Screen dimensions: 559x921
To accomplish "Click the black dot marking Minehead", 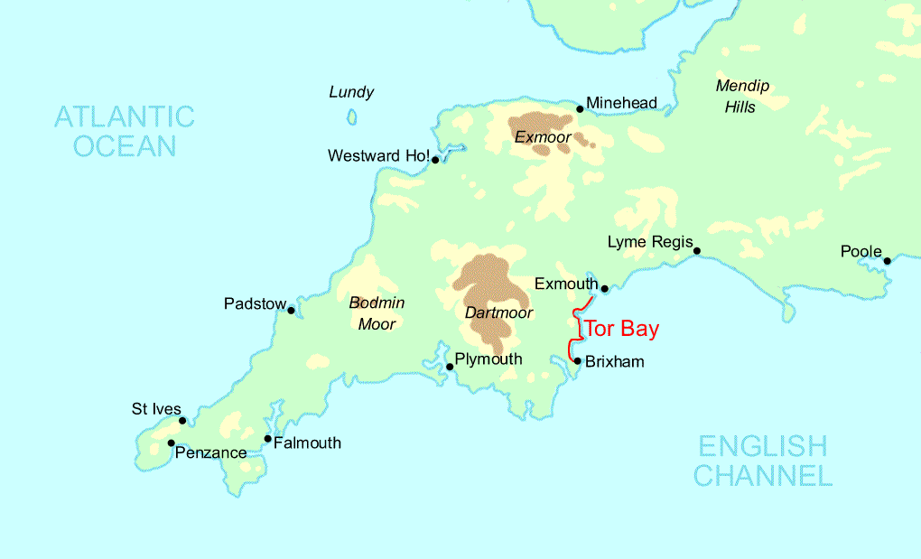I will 580,109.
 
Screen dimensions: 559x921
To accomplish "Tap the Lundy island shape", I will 351,117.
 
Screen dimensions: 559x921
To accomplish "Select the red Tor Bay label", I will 622,329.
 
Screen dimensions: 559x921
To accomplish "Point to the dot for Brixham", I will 577,361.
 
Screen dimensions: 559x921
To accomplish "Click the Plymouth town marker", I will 450,367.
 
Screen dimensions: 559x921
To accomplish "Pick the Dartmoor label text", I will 498,313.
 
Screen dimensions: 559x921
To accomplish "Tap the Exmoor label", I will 543,138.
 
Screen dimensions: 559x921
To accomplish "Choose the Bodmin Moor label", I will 377,313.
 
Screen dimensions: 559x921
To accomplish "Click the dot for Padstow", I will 291,311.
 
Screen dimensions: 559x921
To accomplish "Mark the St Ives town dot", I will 182,421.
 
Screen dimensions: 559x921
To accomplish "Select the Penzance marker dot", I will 171,443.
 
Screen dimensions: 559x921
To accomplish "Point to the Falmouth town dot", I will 267,439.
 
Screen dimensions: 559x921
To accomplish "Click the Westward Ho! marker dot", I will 435,160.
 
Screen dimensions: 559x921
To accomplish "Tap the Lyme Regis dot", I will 697,251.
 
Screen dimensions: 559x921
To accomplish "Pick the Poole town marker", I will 887,261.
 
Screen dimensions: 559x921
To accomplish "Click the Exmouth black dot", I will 604,289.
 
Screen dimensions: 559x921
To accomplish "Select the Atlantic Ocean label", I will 125,131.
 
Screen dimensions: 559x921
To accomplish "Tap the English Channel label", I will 763,461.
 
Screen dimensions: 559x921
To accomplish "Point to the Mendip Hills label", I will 742,97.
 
